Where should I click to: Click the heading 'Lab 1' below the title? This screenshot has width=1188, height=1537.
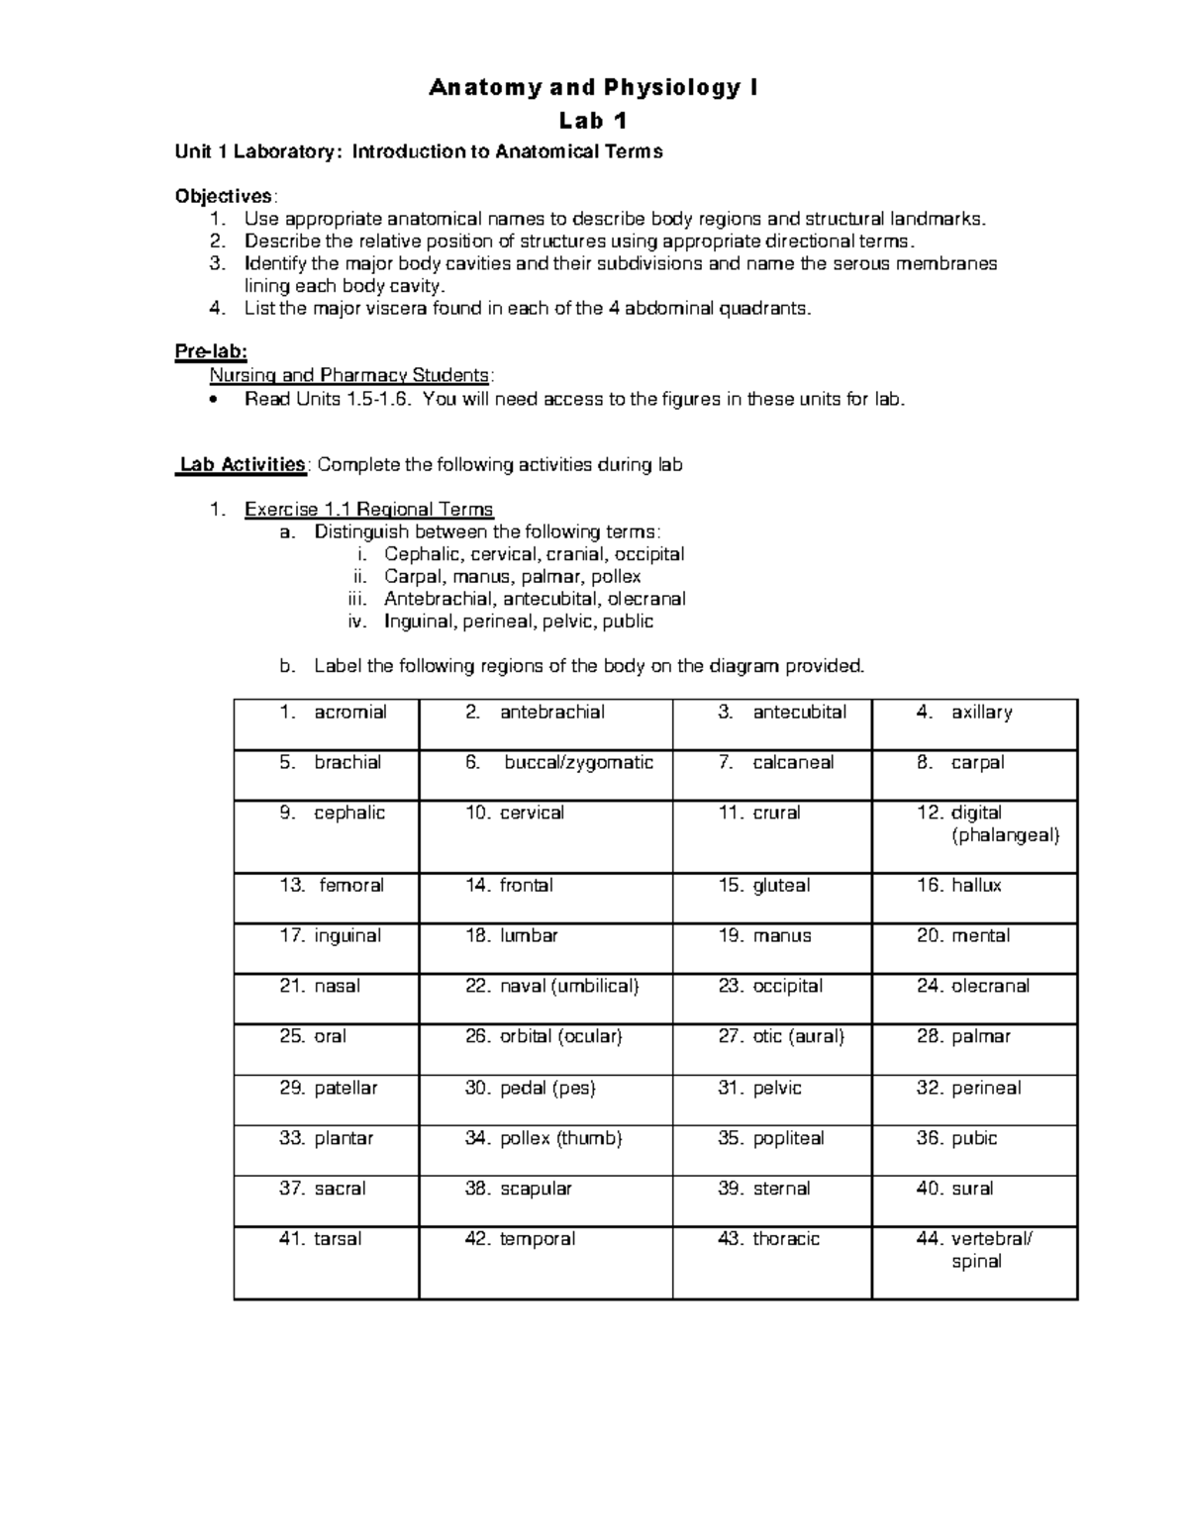pos(593,121)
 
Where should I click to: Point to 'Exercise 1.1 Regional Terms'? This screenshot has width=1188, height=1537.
pos(368,510)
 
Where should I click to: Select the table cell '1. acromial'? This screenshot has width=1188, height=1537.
pos(327,724)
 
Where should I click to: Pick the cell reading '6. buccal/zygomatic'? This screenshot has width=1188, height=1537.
pos(545,775)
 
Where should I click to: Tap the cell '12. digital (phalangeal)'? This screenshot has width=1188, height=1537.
pos(974,835)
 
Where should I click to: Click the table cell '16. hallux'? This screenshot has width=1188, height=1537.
pos(974,898)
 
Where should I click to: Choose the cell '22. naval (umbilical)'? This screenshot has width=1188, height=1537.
pos(545,999)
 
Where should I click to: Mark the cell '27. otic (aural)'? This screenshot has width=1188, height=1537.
pos(772,1049)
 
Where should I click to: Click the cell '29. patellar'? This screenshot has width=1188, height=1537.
pos(327,1100)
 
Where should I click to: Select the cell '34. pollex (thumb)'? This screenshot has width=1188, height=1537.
pos(545,1150)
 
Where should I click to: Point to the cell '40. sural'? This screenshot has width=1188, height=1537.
pos(974,1201)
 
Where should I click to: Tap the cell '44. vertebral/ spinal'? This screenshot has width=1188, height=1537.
pos(974,1262)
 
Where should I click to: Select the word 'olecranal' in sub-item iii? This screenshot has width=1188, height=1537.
pos(646,599)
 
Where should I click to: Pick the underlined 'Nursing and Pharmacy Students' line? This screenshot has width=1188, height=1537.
pos(348,376)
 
